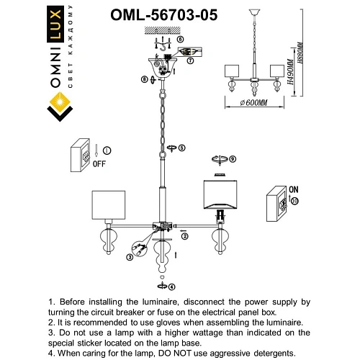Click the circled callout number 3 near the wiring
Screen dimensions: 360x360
[x=130, y=256]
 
